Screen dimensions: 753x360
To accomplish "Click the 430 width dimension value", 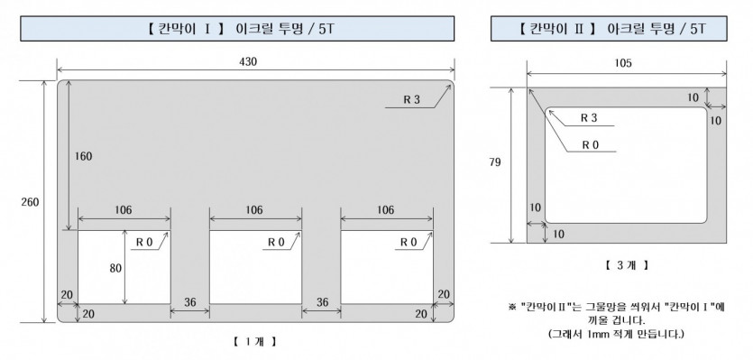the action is point(248,61).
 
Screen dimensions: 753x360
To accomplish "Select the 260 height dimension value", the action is point(30,202).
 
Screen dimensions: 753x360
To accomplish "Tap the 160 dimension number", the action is point(83,156).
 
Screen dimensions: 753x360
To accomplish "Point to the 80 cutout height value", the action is point(115,268).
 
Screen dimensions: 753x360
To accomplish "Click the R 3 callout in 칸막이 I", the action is point(411,100).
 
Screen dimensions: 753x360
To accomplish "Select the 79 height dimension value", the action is point(495,162).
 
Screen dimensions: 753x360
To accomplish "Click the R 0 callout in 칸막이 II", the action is point(590,144).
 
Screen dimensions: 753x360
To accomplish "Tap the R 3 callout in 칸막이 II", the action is point(589,118).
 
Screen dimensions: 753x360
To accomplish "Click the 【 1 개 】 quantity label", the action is point(255,342).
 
